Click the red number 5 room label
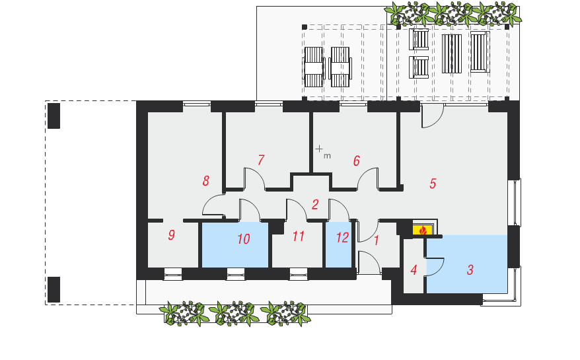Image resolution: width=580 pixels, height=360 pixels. (x=433, y=184)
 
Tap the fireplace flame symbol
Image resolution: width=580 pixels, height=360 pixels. (x=423, y=231)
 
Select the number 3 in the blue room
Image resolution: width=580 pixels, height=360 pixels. (x=470, y=270)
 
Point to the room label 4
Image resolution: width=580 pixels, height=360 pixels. (x=414, y=270)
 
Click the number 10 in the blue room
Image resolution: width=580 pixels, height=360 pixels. (x=244, y=239)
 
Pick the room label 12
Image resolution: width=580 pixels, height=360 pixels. (x=342, y=238)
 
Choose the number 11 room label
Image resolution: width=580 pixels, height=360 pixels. (x=299, y=236)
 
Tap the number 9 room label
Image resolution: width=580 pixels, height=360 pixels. (x=171, y=235)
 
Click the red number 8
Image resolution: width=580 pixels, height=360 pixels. (x=205, y=181)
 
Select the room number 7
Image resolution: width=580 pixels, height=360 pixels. (x=261, y=161)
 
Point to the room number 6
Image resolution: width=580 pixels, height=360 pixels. (x=356, y=161)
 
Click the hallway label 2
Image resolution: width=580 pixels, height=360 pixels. (x=315, y=205)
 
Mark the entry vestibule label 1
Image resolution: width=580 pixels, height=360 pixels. (x=376, y=240)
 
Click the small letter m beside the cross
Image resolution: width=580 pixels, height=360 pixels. (x=327, y=156)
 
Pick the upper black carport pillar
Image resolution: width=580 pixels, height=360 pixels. (x=54, y=116)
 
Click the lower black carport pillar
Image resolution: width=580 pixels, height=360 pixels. (x=54, y=290)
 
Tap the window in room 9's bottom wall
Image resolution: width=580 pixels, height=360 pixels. (x=173, y=274)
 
